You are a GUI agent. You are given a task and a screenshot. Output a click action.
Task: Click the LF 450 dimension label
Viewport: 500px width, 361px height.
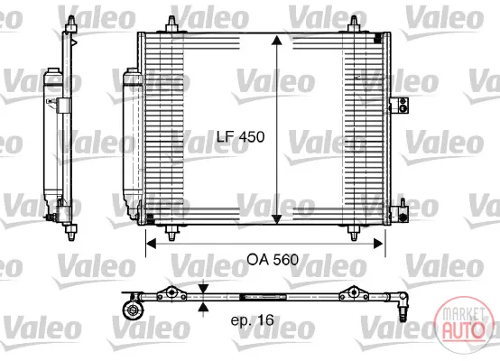click(240, 137)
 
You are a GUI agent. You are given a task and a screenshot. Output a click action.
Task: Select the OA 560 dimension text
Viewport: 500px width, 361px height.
click(273, 260)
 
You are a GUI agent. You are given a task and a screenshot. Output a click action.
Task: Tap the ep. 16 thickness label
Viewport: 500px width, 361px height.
click(252, 319)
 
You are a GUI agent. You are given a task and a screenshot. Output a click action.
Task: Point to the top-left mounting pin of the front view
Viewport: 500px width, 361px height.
click(171, 24)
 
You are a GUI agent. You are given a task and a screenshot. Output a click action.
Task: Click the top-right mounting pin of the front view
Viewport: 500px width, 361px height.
click(354, 24)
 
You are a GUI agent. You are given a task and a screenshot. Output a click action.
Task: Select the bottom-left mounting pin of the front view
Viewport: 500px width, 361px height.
click(171, 233)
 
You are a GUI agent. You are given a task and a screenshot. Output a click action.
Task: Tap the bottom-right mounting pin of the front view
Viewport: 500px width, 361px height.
click(354, 233)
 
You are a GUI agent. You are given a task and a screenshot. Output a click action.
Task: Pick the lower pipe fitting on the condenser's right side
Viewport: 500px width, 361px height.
click(400, 212)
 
